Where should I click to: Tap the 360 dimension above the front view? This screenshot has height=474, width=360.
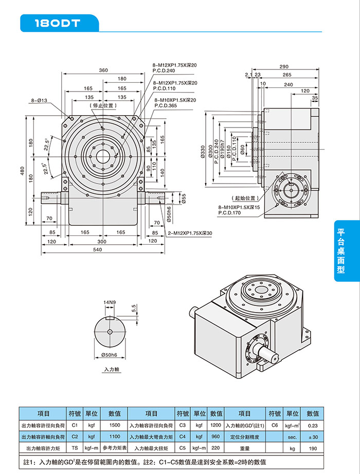(103, 70)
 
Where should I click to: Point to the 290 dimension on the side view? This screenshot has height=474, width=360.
(284, 67)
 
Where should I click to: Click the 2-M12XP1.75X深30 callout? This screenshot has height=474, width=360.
(190, 233)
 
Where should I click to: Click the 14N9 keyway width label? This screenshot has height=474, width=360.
(109, 302)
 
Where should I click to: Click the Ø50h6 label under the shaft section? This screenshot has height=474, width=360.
(109, 355)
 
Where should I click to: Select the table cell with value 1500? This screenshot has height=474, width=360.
(114, 426)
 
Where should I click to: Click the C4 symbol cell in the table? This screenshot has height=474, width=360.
(183, 436)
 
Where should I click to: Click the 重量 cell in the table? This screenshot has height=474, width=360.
(244, 448)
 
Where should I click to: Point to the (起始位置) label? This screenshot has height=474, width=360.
(244, 197)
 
